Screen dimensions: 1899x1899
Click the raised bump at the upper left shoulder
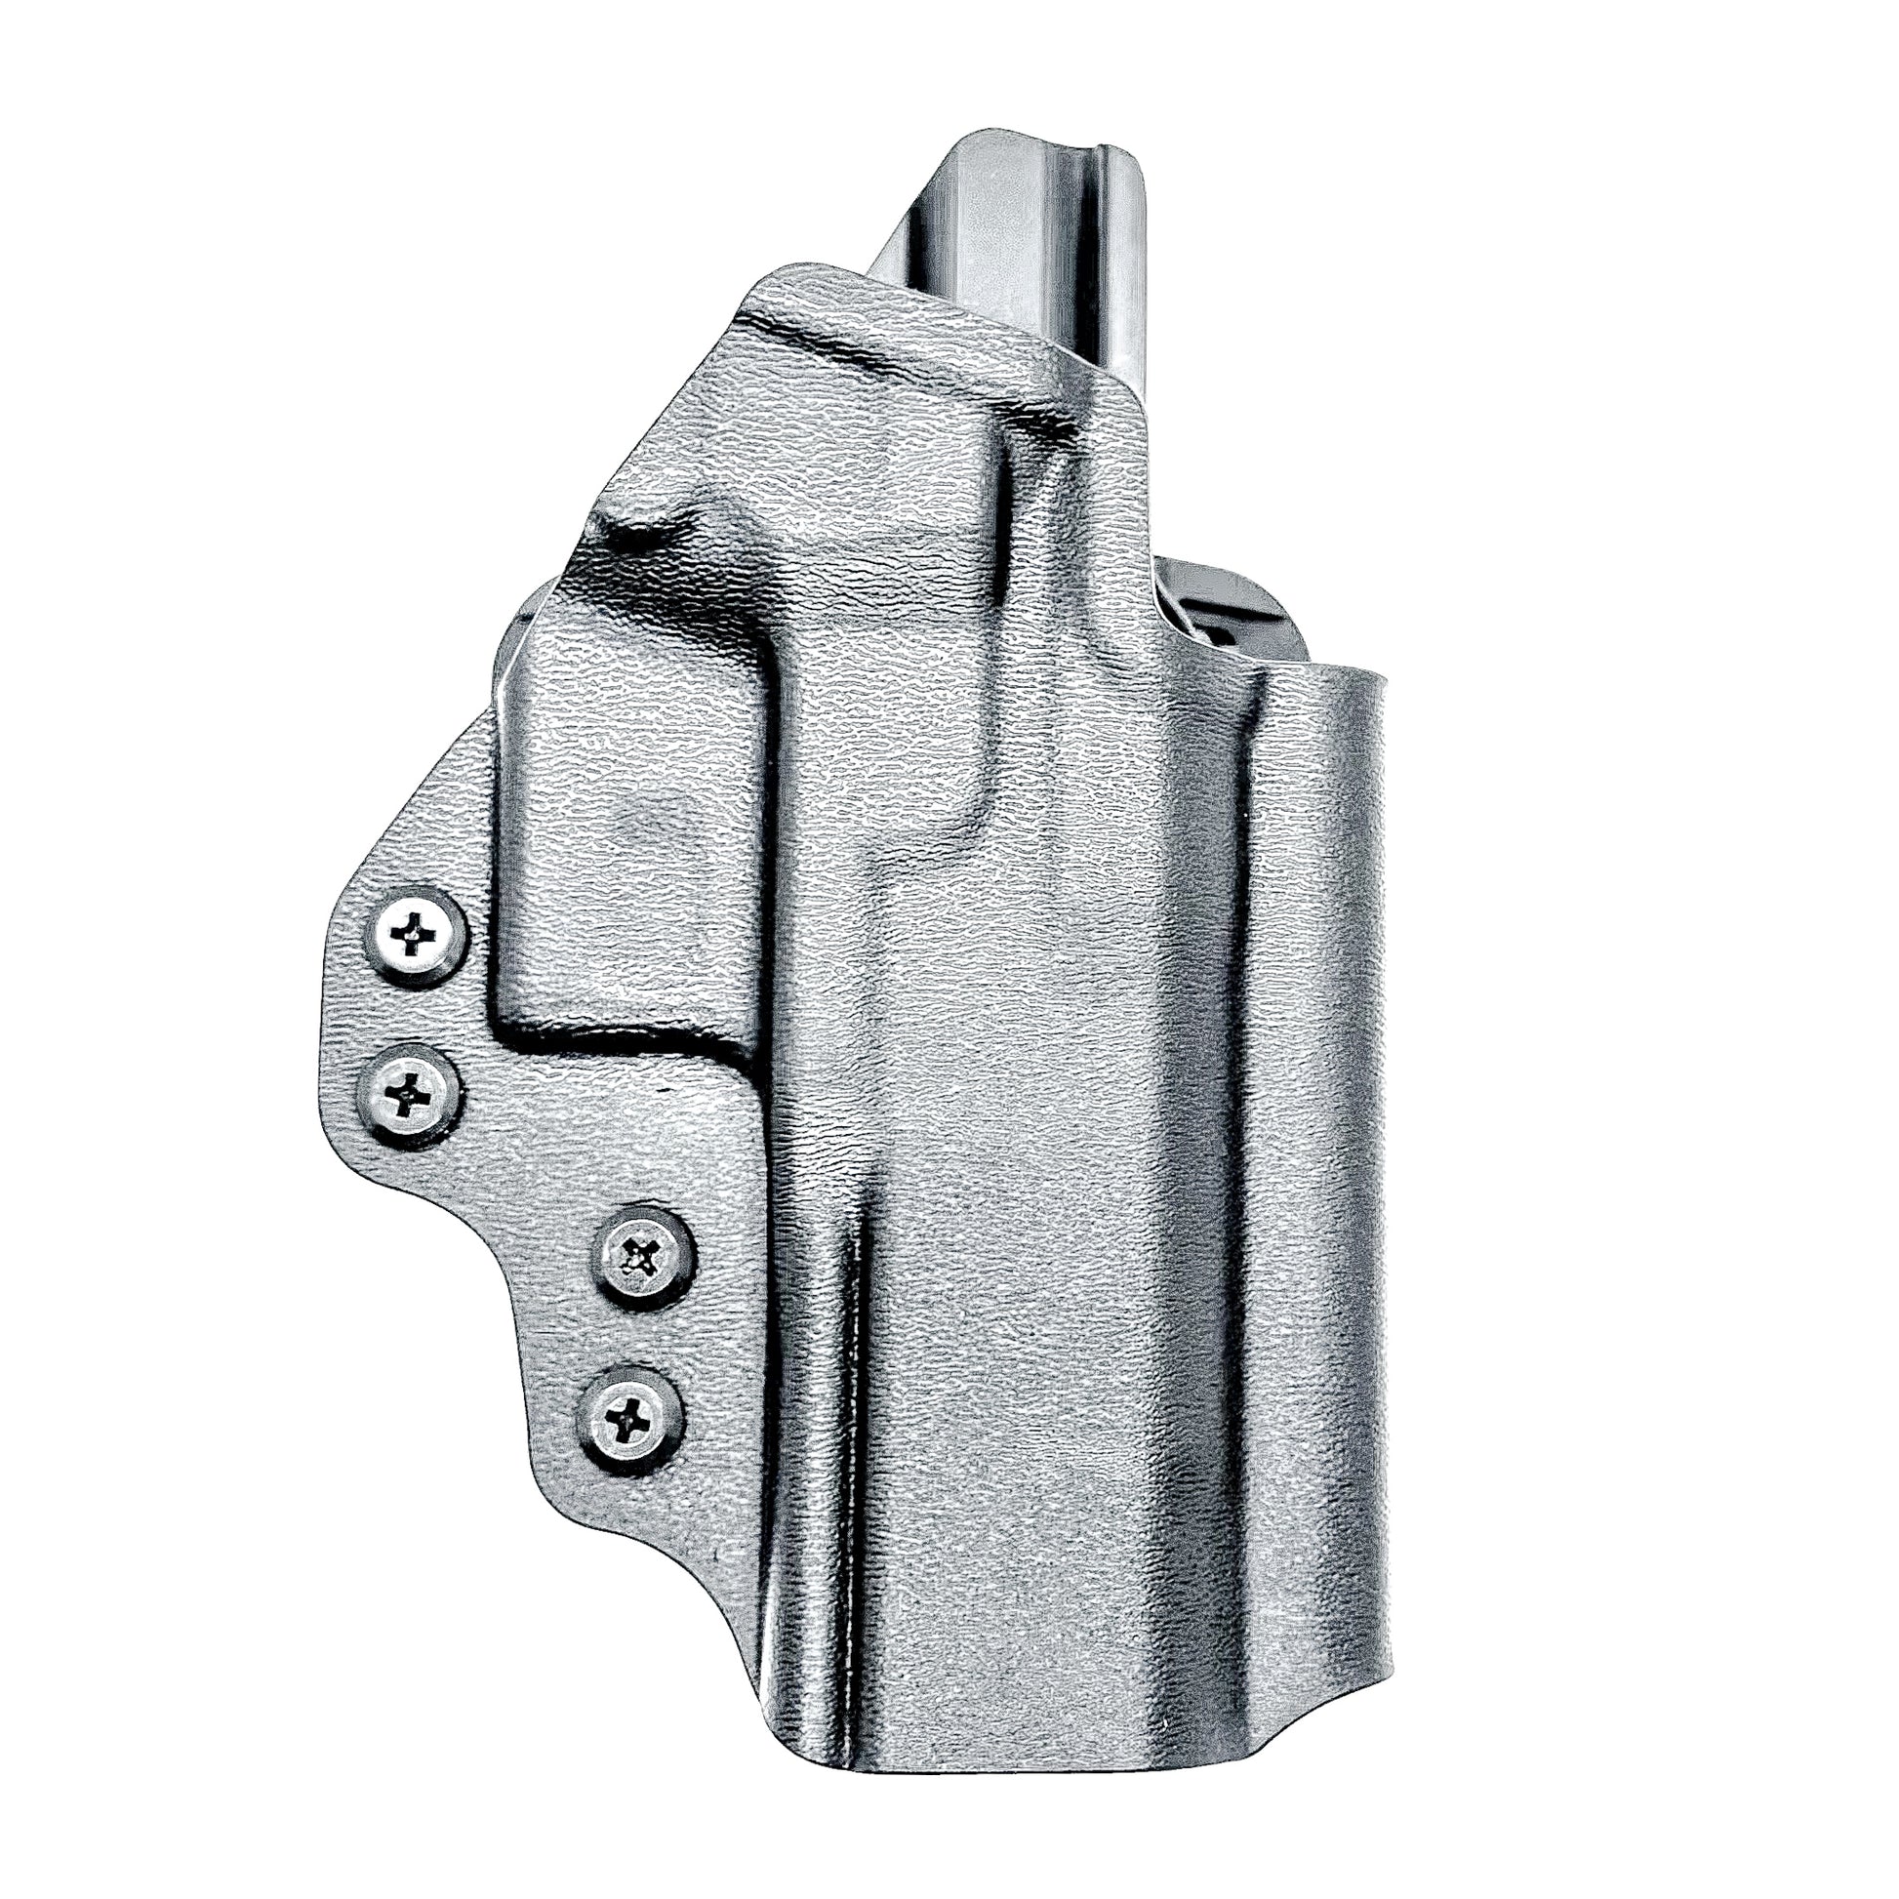coord(629,536)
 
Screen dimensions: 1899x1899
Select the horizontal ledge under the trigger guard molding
coord(629,1042)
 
